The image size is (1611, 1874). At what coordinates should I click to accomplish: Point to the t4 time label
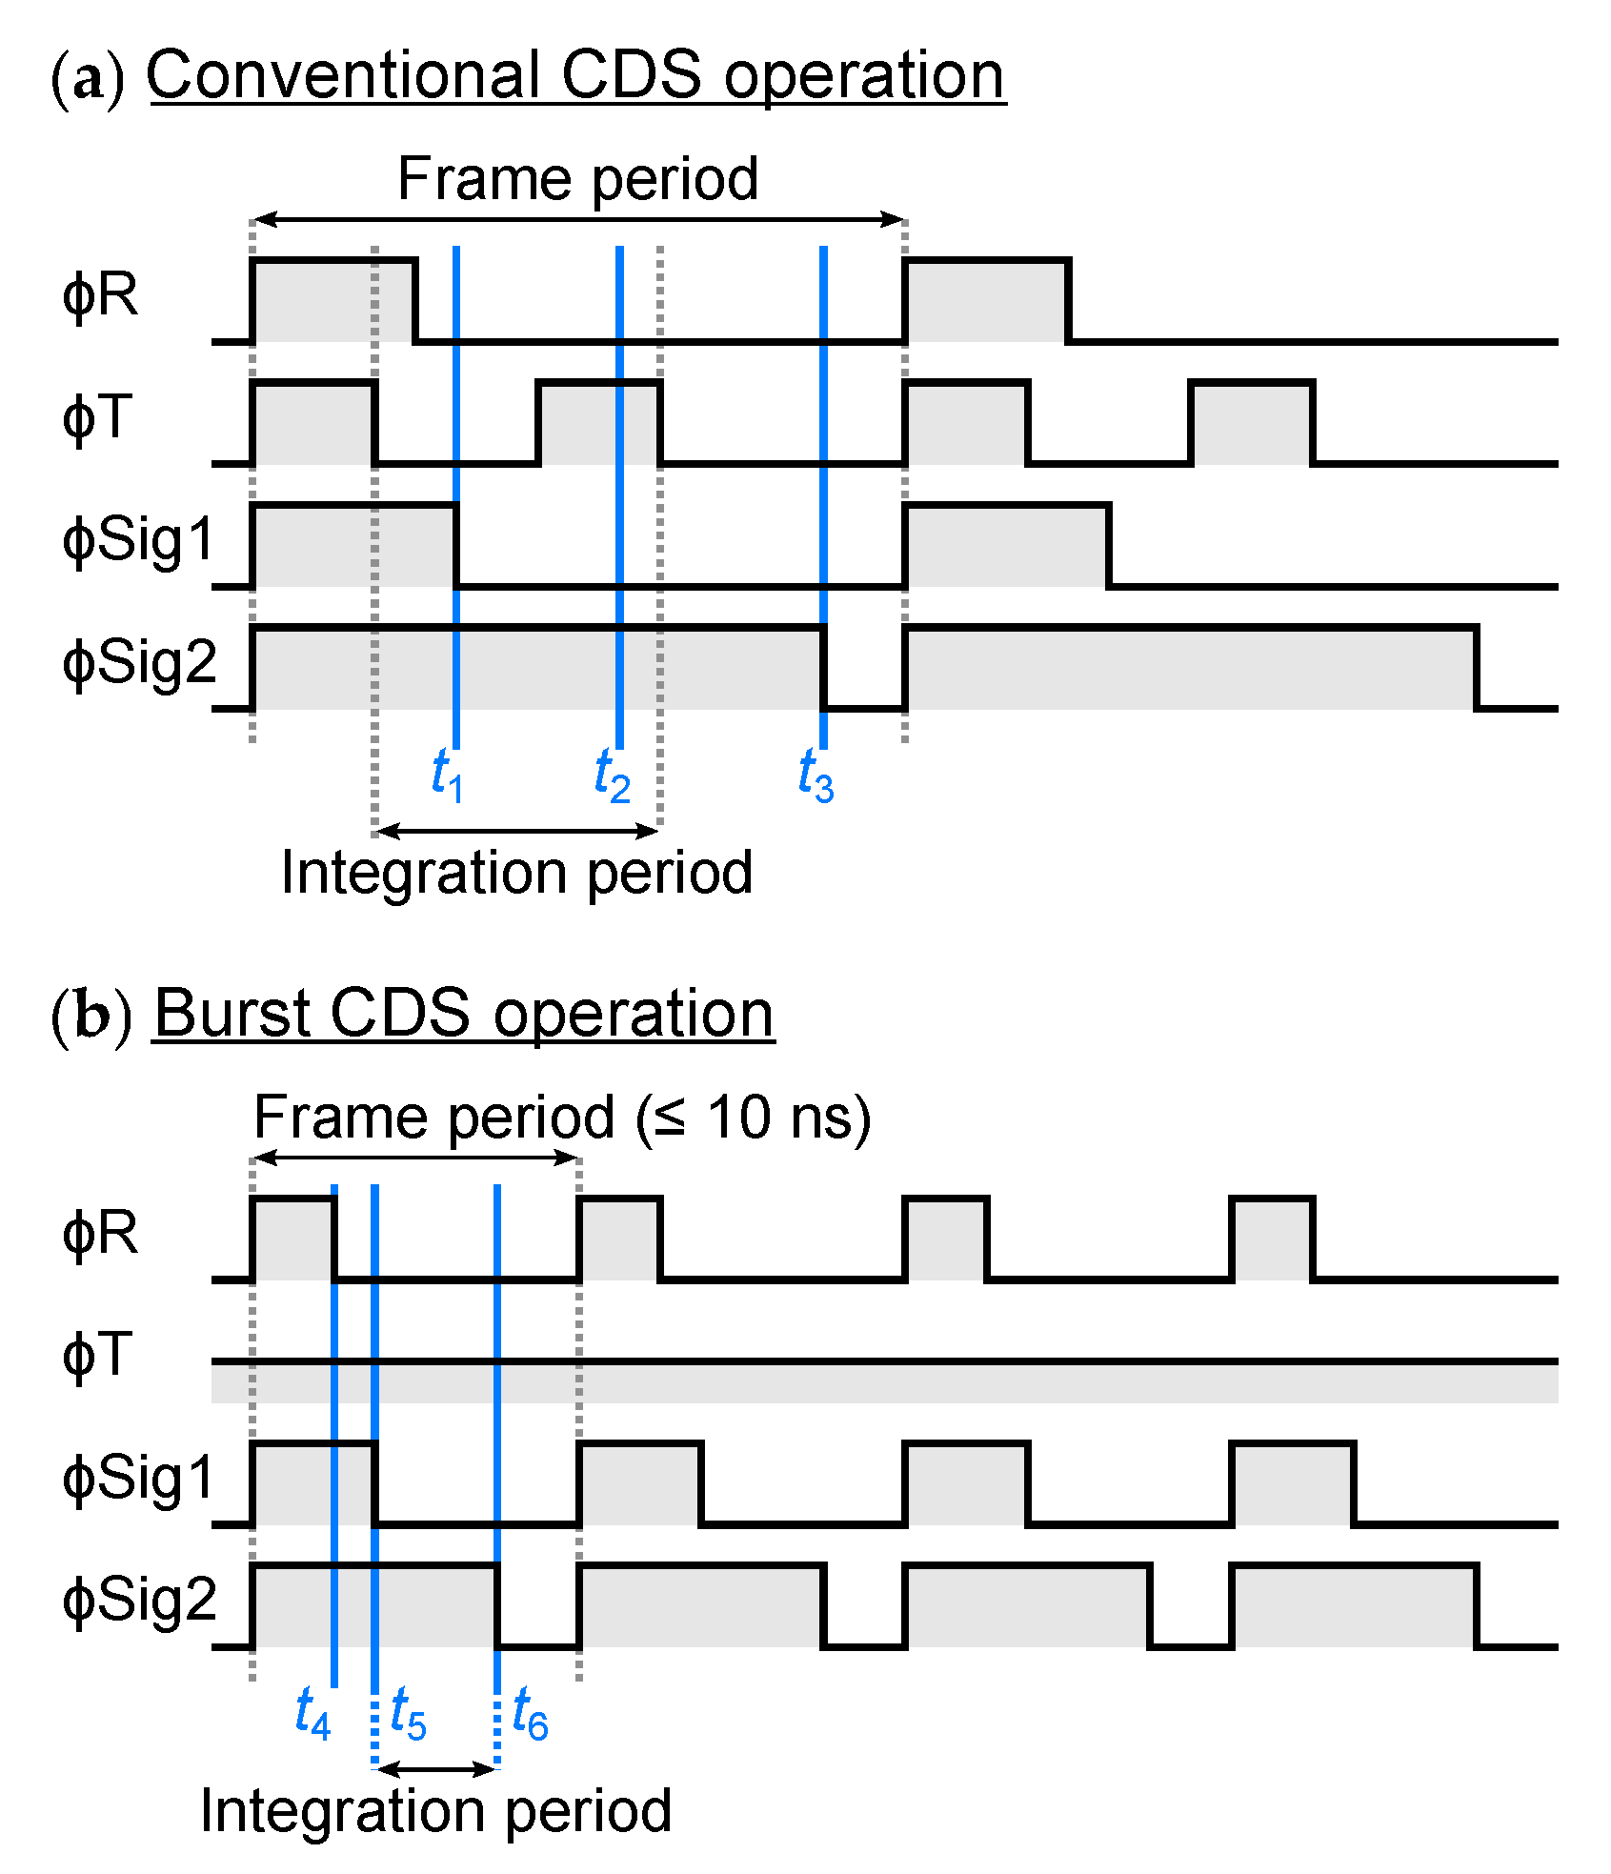coord(312,1713)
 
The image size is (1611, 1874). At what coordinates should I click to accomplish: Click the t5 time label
coord(409,1713)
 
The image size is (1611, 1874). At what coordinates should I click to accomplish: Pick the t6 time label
coord(530,1713)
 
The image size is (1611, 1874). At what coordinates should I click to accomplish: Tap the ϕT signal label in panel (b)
coord(97,1356)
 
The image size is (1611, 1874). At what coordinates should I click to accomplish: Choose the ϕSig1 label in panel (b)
coord(139,1479)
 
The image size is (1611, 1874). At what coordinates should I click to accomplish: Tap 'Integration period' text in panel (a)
coord(516,873)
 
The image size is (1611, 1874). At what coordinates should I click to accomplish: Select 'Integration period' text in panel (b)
coord(435,1811)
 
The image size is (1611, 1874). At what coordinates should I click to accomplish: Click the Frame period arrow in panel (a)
coord(578,220)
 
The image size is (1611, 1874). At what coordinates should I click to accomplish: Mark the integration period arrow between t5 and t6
coord(436,1769)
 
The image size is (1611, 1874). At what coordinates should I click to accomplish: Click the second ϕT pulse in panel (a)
coord(599,422)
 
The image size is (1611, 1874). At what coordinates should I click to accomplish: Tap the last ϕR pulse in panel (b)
coord(1273,1239)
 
